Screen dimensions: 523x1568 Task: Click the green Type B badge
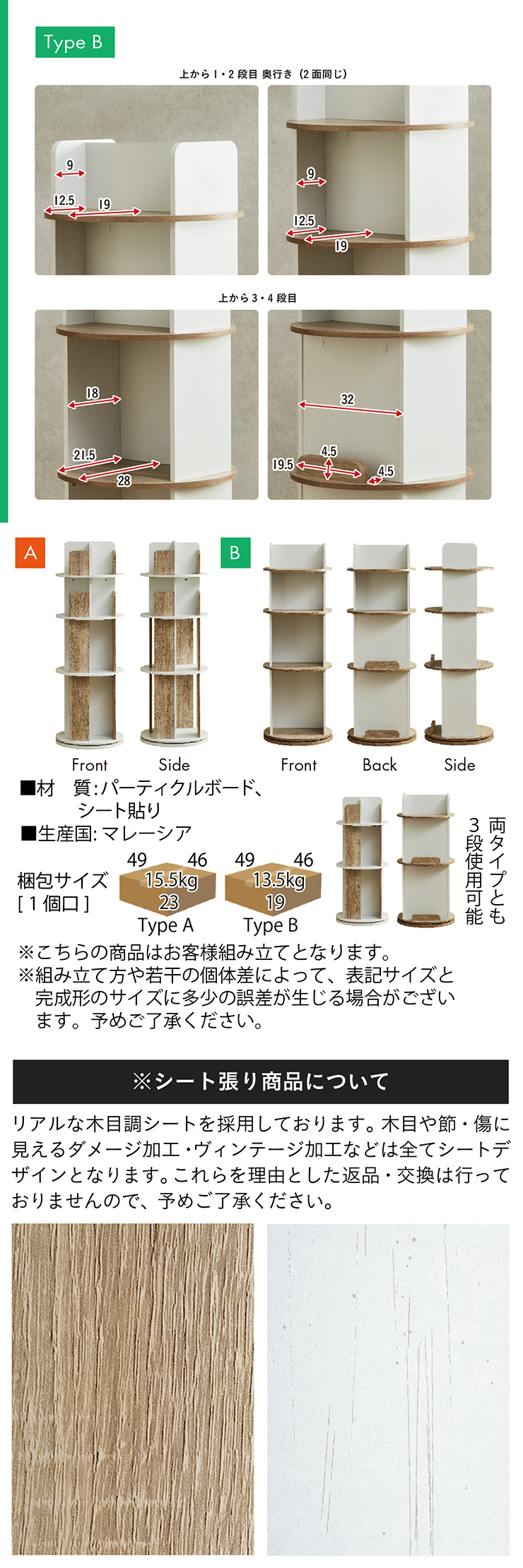(x=75, y=42)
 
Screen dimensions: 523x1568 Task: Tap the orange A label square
(x=30, y=552)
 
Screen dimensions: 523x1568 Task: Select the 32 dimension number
(x=347, y=399)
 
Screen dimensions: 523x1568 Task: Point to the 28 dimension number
(x=124, y=481)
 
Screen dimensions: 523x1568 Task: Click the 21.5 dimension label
(x=84, y=456)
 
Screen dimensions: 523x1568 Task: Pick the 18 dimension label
(x=93, y=393)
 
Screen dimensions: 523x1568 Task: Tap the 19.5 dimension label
(x=283, y=465)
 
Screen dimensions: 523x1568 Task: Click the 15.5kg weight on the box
(x=170, y=880)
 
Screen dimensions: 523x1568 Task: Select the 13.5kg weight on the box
(x=278, y=880)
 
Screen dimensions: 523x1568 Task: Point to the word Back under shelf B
(x=380, y=765)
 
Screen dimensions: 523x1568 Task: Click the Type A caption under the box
(x=165, y=925)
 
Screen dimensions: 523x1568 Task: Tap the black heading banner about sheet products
(x=261, y=1081)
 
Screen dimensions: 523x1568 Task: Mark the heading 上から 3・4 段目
(x=257, y=298)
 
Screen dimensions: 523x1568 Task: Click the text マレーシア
(x=147, y=833)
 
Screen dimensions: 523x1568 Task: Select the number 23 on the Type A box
(x=169, y=902)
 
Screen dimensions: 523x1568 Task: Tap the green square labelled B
(x=235, y=552)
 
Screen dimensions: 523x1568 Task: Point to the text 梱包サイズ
(x=63, y=881)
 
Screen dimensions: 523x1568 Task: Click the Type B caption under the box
(x=271, y=925)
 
